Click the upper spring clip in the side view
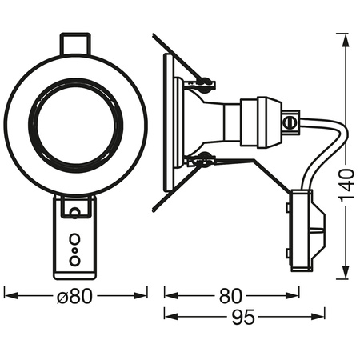206,81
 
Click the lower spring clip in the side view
206,160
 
